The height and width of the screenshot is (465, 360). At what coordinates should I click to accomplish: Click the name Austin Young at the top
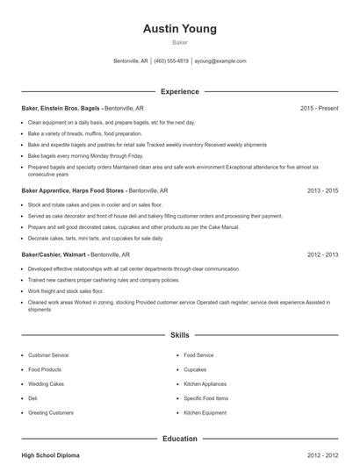pyautogui.click(x=180, y=29)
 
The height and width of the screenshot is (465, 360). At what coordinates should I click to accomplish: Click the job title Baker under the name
pyautogui.click(x=180, y=42)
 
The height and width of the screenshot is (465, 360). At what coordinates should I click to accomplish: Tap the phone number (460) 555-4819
pyautogui.click(x=172, y=61)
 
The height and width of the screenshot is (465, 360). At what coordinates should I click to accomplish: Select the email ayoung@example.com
pyautogui.click(x=220, y=61)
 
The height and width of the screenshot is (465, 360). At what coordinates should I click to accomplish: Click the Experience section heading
pyautogui.click(x=180, y=91)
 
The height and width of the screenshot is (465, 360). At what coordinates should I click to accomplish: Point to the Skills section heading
pyautogui.click(x=180, y=335)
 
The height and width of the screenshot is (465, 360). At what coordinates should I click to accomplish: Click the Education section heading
pyautogui.click(x=180, y=438)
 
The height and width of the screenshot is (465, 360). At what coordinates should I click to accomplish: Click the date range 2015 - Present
pyautogui.click(x=320, y=108)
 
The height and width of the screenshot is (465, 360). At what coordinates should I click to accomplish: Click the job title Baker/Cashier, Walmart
pyautogui.click(x=54, y=254)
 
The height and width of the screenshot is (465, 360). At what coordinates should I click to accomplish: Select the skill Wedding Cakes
pyautogui.click(x=45, y=383)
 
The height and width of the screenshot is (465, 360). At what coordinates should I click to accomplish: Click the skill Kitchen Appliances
pyautogui.click(x=204, y=383)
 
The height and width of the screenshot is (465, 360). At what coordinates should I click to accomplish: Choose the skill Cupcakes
pyautogui.click(x=195, y=369)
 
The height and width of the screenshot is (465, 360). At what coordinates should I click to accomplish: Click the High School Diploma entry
pyautogui.click(x=52, y=456)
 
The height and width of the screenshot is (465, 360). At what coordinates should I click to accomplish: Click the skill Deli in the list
pyautogui.click(x=32, y=397)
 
